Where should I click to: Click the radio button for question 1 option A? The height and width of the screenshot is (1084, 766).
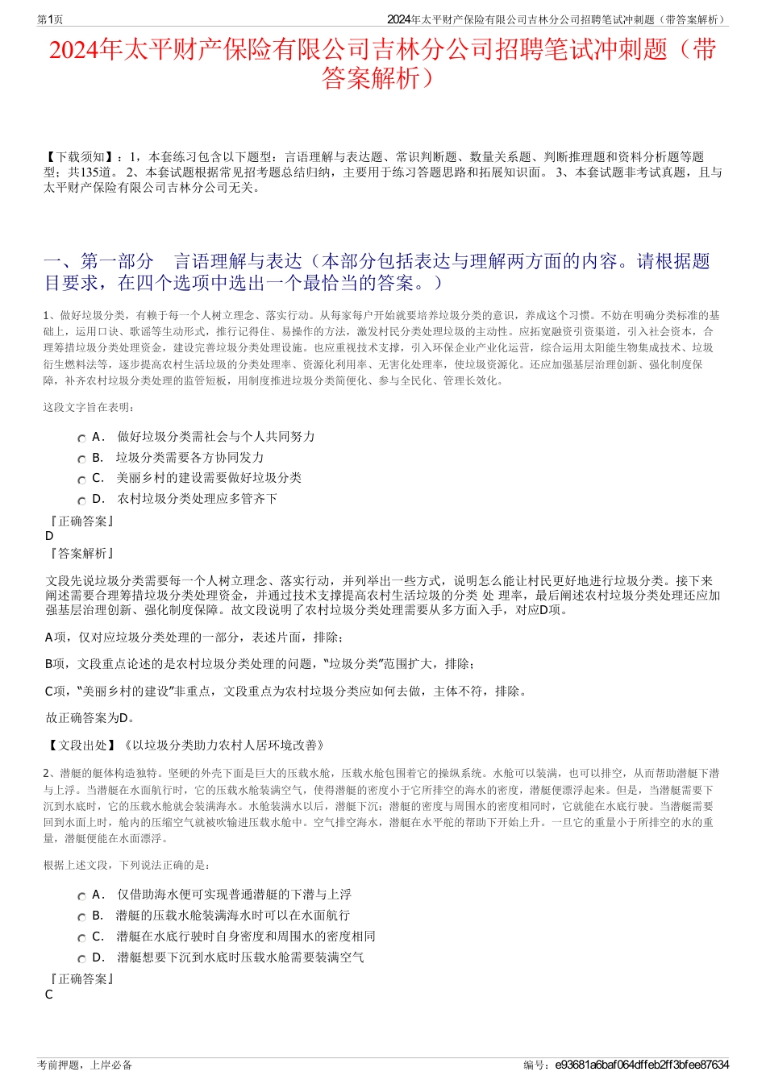(x=81, y=438)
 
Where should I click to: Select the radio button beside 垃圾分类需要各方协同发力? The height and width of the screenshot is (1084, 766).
(x=81, y=459)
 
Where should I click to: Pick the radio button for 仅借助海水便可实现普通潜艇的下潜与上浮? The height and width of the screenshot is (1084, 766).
(x=81, y=896)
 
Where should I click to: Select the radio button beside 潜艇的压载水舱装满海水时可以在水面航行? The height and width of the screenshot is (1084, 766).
(x=81, y=917)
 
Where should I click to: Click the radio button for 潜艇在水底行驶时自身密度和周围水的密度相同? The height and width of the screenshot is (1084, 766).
(x=81, y=938)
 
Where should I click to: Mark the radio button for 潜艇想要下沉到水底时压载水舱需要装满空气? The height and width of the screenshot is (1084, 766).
(x=81, y=959)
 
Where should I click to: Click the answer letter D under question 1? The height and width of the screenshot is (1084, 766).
(x=49, y=536)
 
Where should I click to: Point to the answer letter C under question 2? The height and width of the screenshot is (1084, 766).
(x=49, y=995)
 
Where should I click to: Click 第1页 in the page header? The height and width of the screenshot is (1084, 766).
(x=50, y=19)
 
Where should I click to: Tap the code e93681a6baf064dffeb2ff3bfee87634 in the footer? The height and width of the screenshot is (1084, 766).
(x=642, y=1065)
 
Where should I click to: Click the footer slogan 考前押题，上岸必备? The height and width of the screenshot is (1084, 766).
(x=85, y=1065)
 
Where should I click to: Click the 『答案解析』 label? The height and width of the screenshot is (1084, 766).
(x=81, y=554)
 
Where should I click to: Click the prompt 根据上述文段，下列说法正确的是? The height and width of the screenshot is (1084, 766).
(x=127, y=865)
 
